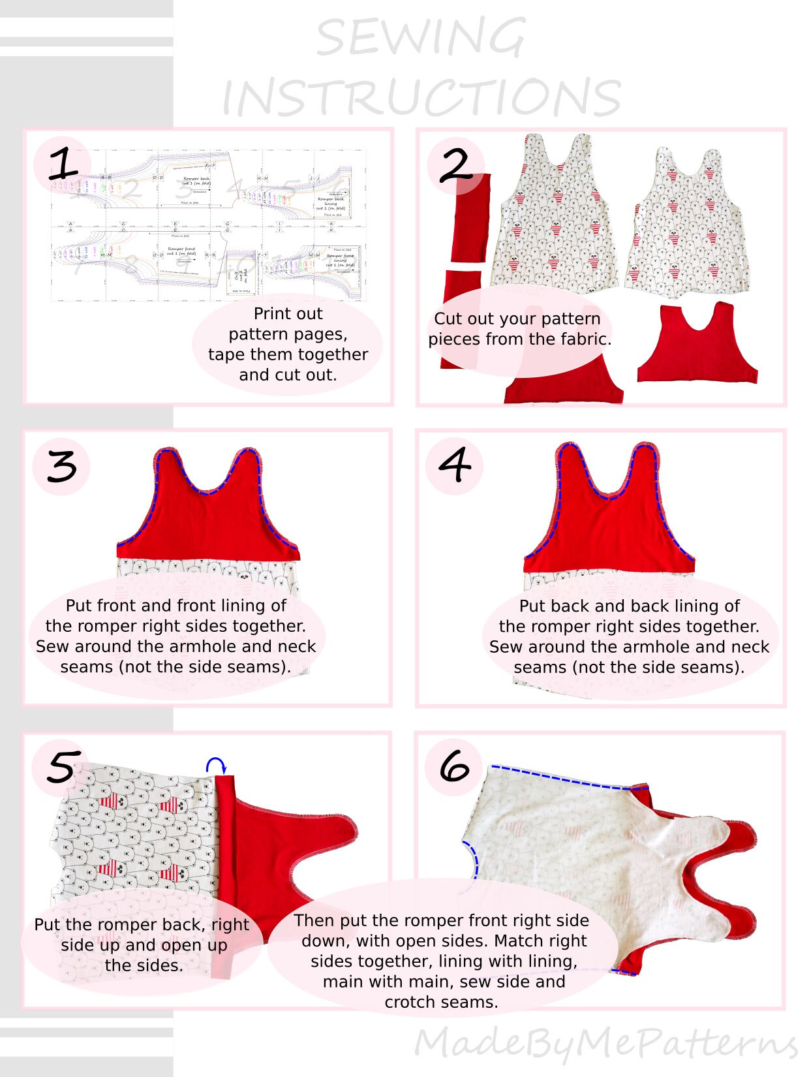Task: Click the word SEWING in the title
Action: tap(421, 38)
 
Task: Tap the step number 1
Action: tap(63, 164)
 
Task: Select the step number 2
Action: tap(455, 166)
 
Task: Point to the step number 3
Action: tap(62, 466)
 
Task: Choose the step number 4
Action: tap(455, 465)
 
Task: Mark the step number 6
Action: tap(454, 766)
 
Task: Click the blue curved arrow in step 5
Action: tap(216, 765)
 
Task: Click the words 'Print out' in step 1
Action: tap(288, 314)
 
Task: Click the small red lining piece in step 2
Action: tap(697, 346)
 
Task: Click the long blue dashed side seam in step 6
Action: tap(561, 777)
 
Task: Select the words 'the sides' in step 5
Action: tap(144, 965)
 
